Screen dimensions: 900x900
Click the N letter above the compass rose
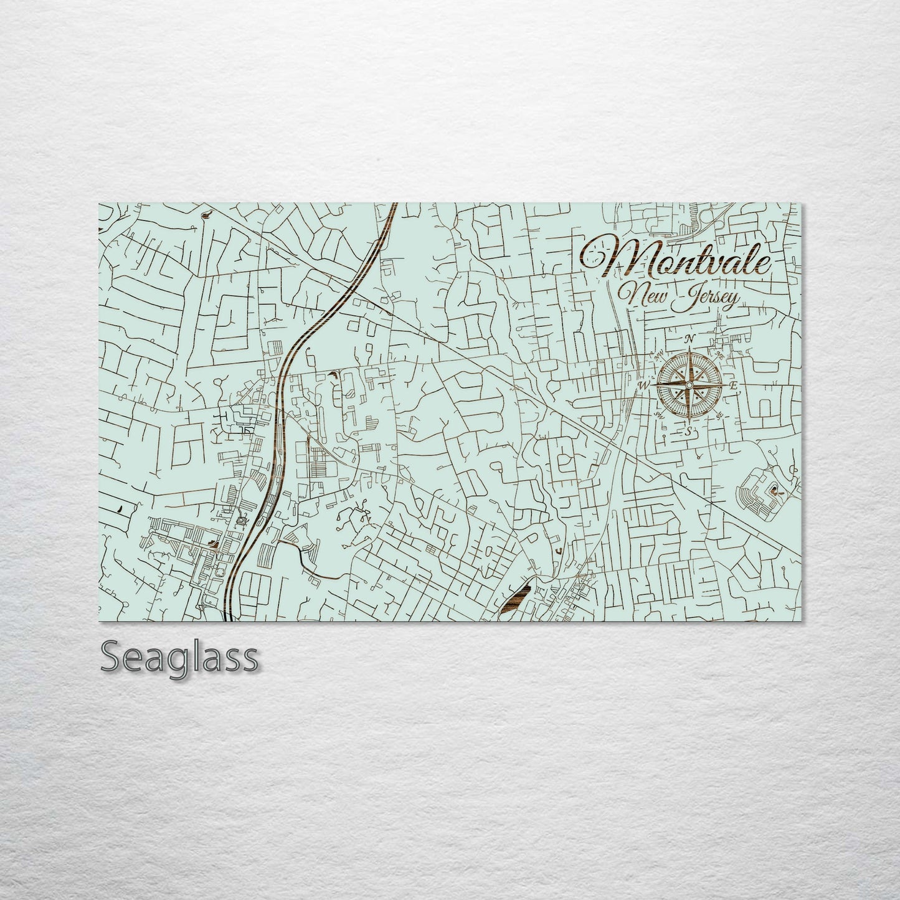689,339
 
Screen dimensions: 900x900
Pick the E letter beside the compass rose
734,386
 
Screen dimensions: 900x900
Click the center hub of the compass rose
688,386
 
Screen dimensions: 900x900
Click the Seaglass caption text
179,657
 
